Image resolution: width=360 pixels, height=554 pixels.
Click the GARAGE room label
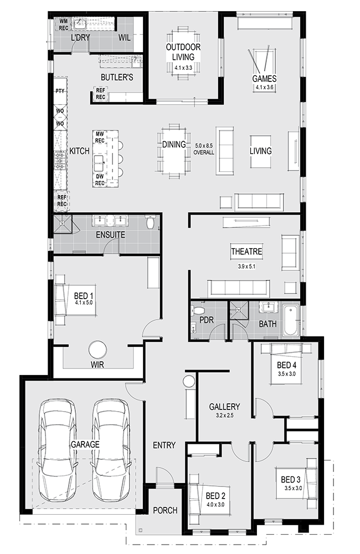tap(85, 444)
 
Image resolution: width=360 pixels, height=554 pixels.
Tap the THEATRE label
tap(246, 252)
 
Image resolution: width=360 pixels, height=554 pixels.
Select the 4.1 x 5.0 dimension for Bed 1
tap(84, 302)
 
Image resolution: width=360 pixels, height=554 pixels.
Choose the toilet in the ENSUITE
tap(151, 222)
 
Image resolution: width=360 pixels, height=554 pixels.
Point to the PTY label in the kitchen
tap(60, 91)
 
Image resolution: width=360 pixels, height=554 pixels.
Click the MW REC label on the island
tap(100, 137)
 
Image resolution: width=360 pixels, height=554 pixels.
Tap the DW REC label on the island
tap(100, 179)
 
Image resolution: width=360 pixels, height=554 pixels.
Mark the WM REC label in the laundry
tap(64, 24)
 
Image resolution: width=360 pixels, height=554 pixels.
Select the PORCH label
tap(165, 510)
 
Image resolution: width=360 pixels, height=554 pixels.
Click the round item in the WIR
tap(97, 350)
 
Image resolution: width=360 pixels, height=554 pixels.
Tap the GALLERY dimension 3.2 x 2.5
tap(224, 416)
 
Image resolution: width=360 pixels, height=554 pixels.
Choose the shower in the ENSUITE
tap(62, 224)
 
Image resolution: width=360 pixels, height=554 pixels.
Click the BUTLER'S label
tap(117, 77)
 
